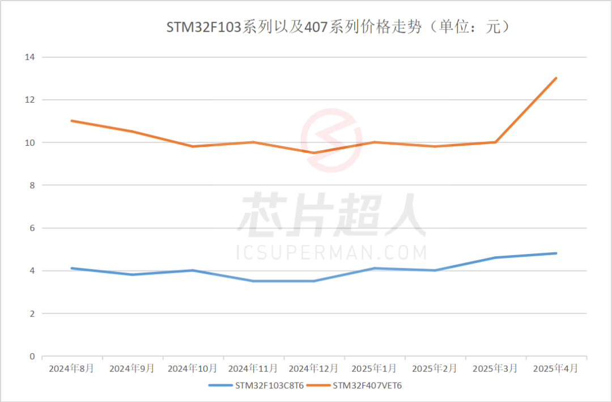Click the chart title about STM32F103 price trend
(338, 27)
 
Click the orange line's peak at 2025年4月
(556, 78)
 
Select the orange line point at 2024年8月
(71, 121)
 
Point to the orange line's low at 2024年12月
(313, 153)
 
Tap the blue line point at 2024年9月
(132, 274)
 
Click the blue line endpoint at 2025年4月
(556, 253)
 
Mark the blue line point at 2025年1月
(374, 268)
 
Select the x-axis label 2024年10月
(193, 369)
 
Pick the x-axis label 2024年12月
(313, 369)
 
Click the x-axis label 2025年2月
(435, 369)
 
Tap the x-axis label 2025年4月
(556, 369)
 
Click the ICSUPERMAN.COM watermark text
(331, 252)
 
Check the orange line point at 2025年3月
(495, 142)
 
